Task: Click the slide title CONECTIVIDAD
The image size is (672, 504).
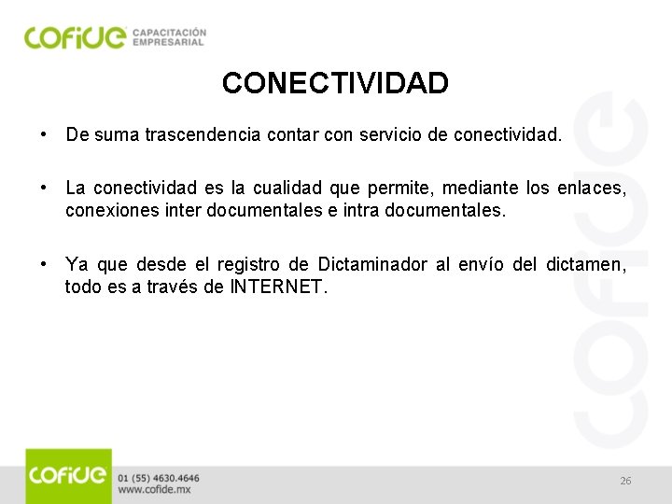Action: point(335,84)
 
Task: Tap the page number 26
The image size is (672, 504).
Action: point(625,481)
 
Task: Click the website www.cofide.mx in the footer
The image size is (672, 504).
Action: point(155,489)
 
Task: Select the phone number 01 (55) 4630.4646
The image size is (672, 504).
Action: point(159,478)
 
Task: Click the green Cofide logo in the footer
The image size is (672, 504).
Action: point(68,476)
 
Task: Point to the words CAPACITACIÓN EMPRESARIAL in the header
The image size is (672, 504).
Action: point(169,36)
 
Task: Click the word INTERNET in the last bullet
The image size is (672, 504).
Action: point(277,287)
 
